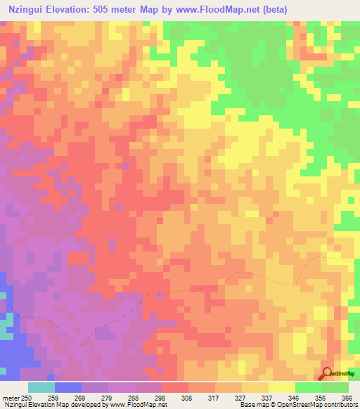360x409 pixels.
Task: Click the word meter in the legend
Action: coord(11,398)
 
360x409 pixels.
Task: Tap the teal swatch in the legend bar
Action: coord(41,387)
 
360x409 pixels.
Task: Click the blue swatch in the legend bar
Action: coord(67,387)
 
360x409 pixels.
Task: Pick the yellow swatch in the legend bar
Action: coord(281,387)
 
